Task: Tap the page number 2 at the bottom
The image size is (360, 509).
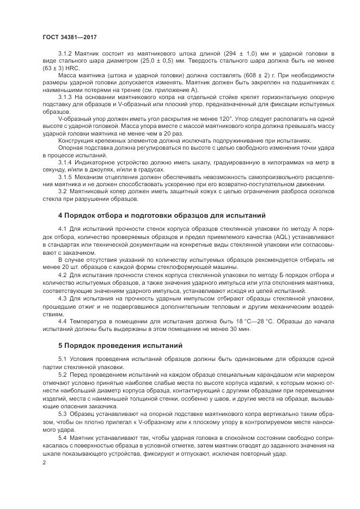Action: tap(44, 462)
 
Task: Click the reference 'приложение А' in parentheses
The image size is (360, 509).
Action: tap(183, 90)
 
